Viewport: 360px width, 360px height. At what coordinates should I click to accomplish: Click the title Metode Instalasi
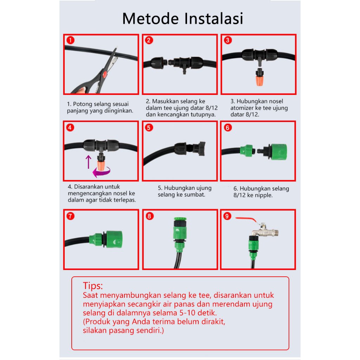coord(182,18)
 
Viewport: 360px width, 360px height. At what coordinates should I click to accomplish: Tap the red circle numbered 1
coord(70,40)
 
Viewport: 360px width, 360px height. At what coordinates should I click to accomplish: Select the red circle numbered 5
coord(149,127)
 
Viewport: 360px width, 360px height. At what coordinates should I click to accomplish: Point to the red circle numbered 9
coord(227,216)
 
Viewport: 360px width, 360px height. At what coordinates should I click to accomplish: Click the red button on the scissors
coord(105,74)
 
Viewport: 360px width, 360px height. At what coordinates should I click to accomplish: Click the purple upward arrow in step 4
coord(88,162)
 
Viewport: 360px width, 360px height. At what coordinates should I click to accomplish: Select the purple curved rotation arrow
coord(101,172)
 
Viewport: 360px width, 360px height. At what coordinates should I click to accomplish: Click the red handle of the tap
coord(246,219)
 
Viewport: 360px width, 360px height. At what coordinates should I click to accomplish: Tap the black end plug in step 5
coord(199,149)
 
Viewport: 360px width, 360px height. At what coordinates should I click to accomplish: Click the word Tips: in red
coord(93,286)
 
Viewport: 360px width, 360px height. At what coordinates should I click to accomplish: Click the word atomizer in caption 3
coord(243,108)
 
